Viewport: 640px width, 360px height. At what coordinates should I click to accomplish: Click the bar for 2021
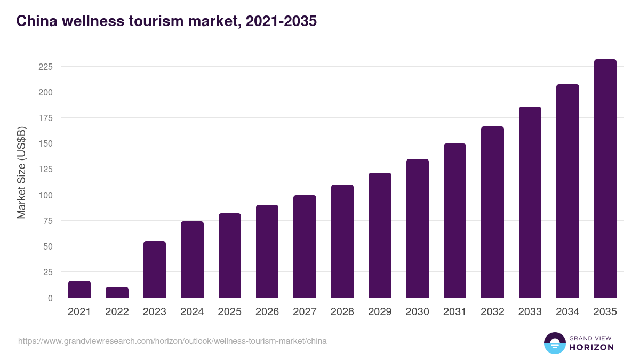click(x=79, y=289)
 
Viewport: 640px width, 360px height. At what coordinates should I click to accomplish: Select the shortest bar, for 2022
click(x=117, y=292)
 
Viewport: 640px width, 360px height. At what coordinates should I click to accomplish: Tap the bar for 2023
click(x=155, y=269)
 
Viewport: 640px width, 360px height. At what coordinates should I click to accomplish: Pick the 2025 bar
click(x=229, y=255)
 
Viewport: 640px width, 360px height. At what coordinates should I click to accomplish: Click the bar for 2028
click(x=342, y=241)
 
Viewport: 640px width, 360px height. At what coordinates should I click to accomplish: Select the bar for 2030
click(x=417, y=228)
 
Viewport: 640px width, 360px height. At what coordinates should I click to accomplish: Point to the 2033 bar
click(x=530, y=202)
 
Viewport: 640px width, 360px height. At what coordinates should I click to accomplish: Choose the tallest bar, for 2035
click(x=605, y=179)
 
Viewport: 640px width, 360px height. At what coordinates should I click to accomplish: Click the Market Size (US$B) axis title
click(x=21, y=172)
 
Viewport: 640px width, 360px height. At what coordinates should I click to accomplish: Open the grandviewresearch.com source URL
click(x=172, y=341)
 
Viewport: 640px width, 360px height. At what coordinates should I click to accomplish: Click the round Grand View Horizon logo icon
click(x=554, y=343)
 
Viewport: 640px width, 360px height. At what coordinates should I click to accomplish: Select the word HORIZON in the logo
click(x=591, y=347)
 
